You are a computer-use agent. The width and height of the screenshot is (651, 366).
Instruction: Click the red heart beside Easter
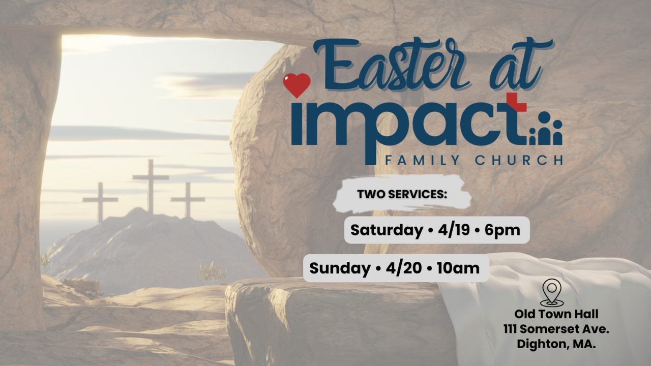(297, 85)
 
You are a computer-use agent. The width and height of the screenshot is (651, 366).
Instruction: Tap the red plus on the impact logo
(516, 103)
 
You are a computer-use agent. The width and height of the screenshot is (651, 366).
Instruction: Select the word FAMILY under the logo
(423, 160)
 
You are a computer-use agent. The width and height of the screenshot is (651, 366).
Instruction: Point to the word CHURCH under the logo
(519, 160)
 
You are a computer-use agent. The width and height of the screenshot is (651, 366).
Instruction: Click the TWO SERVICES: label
(402, 194)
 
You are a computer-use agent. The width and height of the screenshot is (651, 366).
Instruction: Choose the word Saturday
(387, 230)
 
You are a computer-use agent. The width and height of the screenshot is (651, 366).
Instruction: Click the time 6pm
(502, 230)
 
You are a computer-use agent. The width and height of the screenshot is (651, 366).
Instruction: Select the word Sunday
(340, 268)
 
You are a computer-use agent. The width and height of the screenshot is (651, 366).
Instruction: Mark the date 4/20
(404, 267)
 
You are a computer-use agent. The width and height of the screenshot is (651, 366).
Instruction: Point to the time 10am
(458, 268)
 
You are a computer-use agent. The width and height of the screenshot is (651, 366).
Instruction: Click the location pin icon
(552, 292)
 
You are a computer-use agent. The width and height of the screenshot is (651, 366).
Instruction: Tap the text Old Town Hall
(556, 314)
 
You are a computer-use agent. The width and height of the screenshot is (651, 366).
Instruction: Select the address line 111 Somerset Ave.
(556, 329)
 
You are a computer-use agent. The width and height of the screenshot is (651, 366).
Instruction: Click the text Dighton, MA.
(556, 345)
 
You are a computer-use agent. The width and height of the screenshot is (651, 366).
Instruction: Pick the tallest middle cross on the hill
(151, 187)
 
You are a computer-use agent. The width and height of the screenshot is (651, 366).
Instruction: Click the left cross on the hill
(100, 202)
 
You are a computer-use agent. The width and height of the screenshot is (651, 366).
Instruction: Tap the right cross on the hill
(188, 200)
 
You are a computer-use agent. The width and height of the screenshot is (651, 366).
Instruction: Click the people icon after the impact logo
(546, 128)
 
